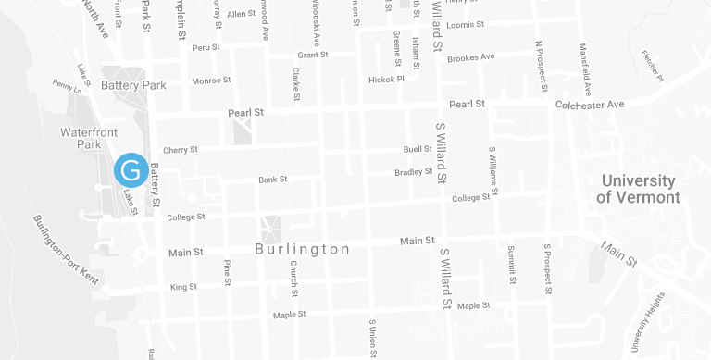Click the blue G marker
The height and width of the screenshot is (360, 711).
click(131, 170)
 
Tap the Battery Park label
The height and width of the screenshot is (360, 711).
click(133, 85)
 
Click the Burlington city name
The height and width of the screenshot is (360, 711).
click(303, 250)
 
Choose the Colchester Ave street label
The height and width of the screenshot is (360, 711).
click(590, 105)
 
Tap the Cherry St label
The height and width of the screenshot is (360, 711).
click(181, 150)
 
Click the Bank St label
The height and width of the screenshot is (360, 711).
click(273, 179)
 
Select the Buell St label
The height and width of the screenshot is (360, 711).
click(418, 149)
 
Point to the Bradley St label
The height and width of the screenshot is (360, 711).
click(414, 172)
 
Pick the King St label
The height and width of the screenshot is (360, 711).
click(183, 287)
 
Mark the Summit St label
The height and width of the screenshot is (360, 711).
click(510, 265)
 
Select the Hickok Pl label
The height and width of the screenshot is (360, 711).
click(386, 80)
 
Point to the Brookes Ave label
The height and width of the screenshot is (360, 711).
click(470, 57)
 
